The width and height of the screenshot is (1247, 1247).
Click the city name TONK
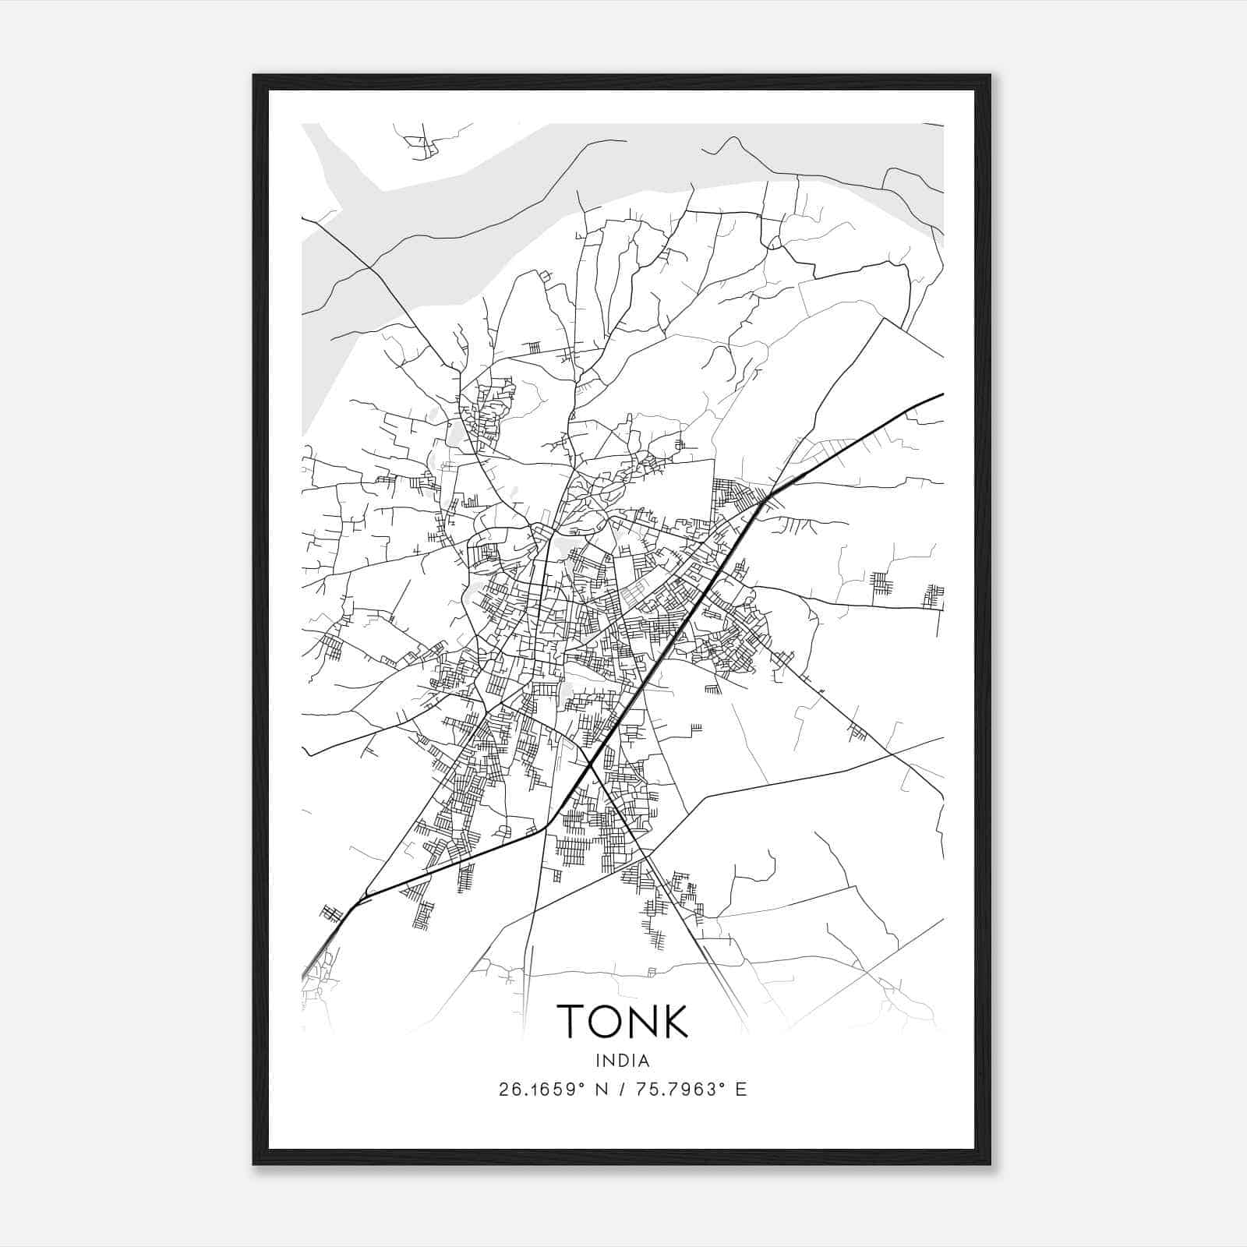click(622, 1021)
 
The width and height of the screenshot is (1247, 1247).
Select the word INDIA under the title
click(622, 1061)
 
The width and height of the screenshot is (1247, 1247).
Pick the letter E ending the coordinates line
click(741, 1090)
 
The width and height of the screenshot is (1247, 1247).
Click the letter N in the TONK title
click(641, 1021)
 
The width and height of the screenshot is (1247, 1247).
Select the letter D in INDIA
click(620, 1061)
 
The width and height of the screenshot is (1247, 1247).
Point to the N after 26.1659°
click(599, 1090)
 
